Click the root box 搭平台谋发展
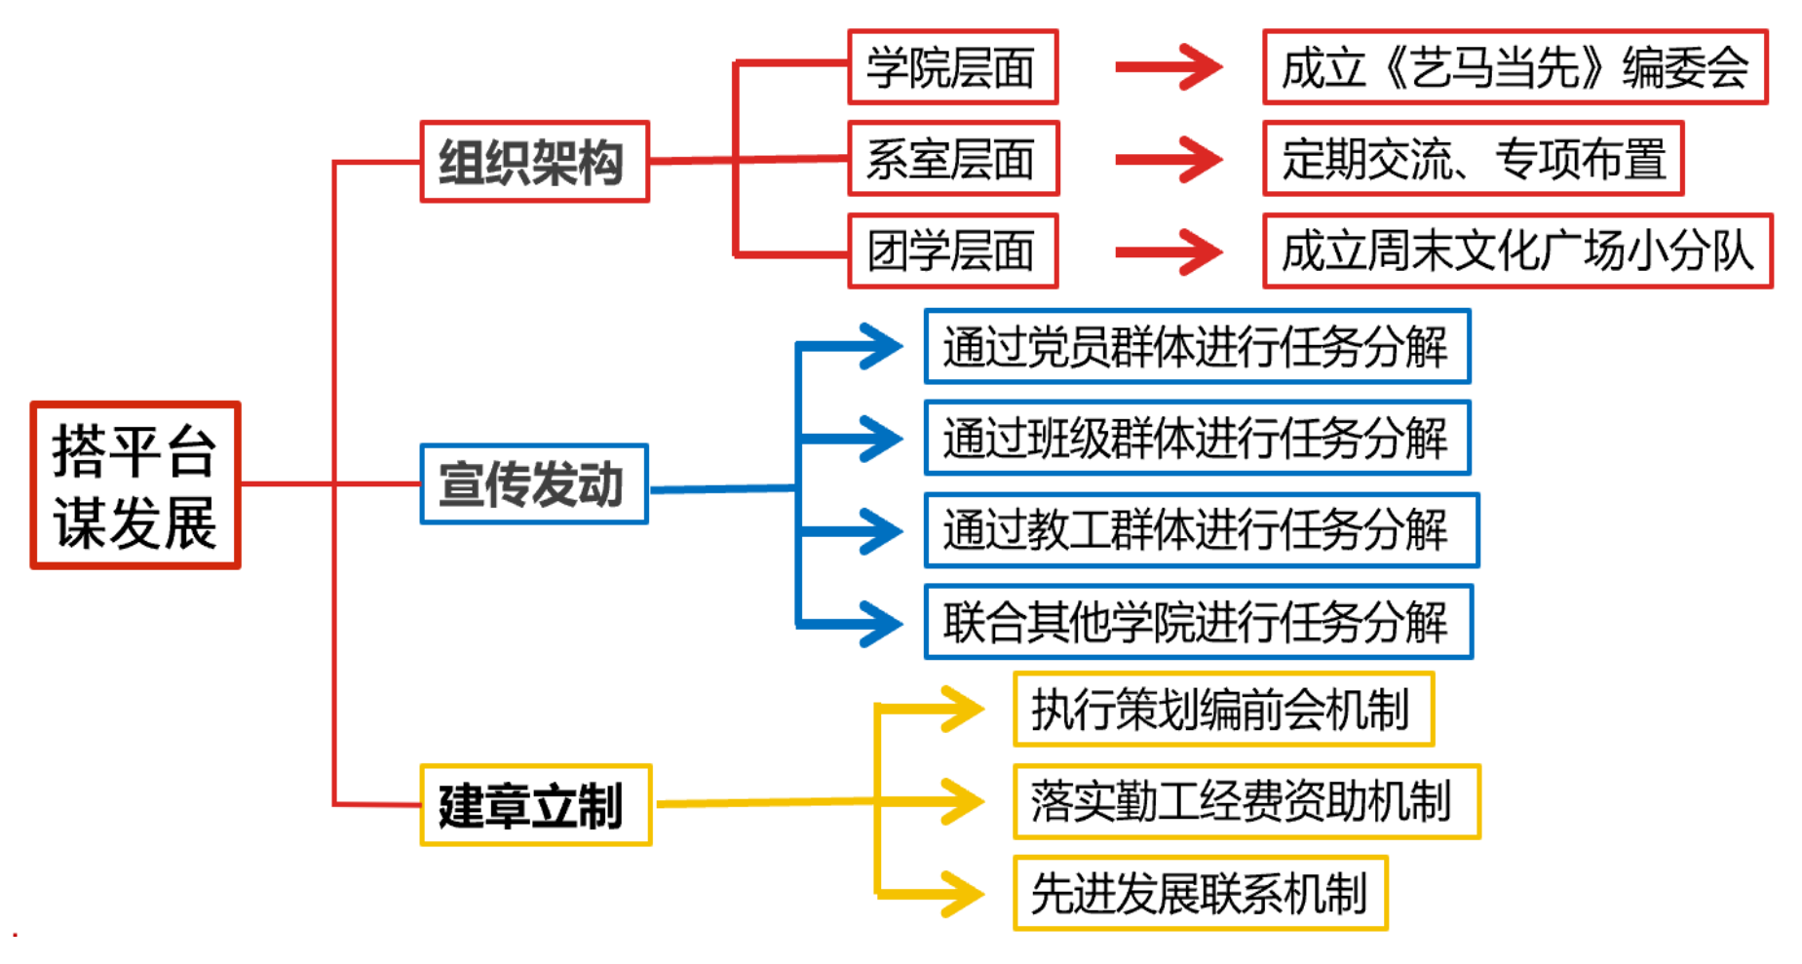(x=135, y=484)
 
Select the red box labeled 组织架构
(x=534, y=162)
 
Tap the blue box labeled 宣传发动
(x=534, y=483)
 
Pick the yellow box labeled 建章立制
(x=535, y=805)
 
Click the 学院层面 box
(x=952, y=67)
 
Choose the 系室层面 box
(x=952, y=159)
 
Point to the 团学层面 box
(x=952, y=251)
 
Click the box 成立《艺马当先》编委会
(x=1514, y=67)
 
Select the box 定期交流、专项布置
(x=1473, y=159)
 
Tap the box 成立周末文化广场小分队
(x=1516, y=251)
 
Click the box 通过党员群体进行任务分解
(x=1197, y=347)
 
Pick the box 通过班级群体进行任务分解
(x=1197, y=438)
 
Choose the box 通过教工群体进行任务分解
(x=1201, y=530)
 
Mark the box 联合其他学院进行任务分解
(x=1198, y=622)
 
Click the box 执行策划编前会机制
(x=1223, y=710)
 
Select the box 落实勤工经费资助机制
(x=1246, y=801)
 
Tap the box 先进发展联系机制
(x=1200, y=893)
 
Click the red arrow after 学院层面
(x=1169, y=67)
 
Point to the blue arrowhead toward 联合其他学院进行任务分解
(x=879, y=623)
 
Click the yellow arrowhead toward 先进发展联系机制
(x=960, y=893)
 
